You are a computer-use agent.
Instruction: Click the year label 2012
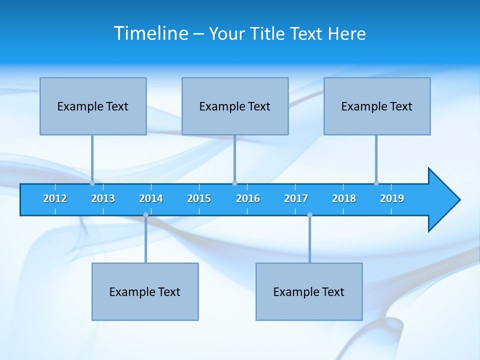point(55,198)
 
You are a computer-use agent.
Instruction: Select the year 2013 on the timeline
point(103,198)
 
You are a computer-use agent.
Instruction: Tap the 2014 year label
point(151,198)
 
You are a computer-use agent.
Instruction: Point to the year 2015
point(199,198)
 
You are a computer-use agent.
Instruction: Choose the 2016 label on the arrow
point(248,198)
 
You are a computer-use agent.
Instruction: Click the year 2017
point(296,198)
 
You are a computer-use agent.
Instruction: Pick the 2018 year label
point(344,198)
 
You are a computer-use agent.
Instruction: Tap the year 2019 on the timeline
point(392,198)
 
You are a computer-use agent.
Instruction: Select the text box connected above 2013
point(93,106)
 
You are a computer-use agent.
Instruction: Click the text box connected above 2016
point(235,106)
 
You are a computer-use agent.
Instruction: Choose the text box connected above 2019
point(377,106)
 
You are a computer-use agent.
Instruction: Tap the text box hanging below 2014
point(145,291)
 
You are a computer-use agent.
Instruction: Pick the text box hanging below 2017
point(309,291)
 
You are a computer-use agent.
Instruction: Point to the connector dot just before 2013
point(92,183)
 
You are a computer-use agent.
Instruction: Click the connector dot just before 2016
point(234,183)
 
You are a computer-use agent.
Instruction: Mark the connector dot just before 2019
point(376,183)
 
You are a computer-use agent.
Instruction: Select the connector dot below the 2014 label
point(145,214)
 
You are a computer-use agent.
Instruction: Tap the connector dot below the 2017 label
point(309,214)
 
